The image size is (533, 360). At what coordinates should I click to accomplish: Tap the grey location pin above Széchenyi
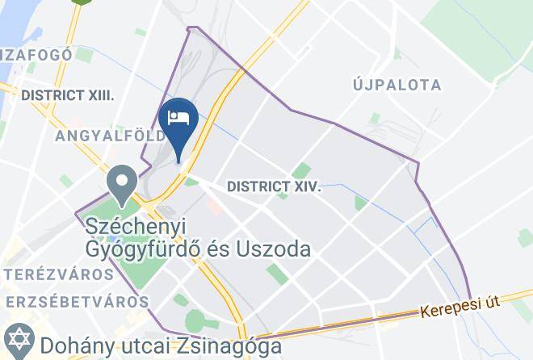point(123,182)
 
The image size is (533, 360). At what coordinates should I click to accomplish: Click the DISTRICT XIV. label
point(274,186)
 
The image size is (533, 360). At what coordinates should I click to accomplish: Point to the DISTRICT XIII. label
point(67,95)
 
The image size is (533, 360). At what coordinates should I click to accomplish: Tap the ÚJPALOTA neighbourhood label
point(397,85)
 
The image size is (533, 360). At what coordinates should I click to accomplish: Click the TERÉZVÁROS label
point(57,274)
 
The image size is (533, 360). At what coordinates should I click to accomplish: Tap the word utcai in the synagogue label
point(141,345)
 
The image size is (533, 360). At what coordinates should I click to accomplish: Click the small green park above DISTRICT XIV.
point(301,170)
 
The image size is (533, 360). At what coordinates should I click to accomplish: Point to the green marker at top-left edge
point(79,2)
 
